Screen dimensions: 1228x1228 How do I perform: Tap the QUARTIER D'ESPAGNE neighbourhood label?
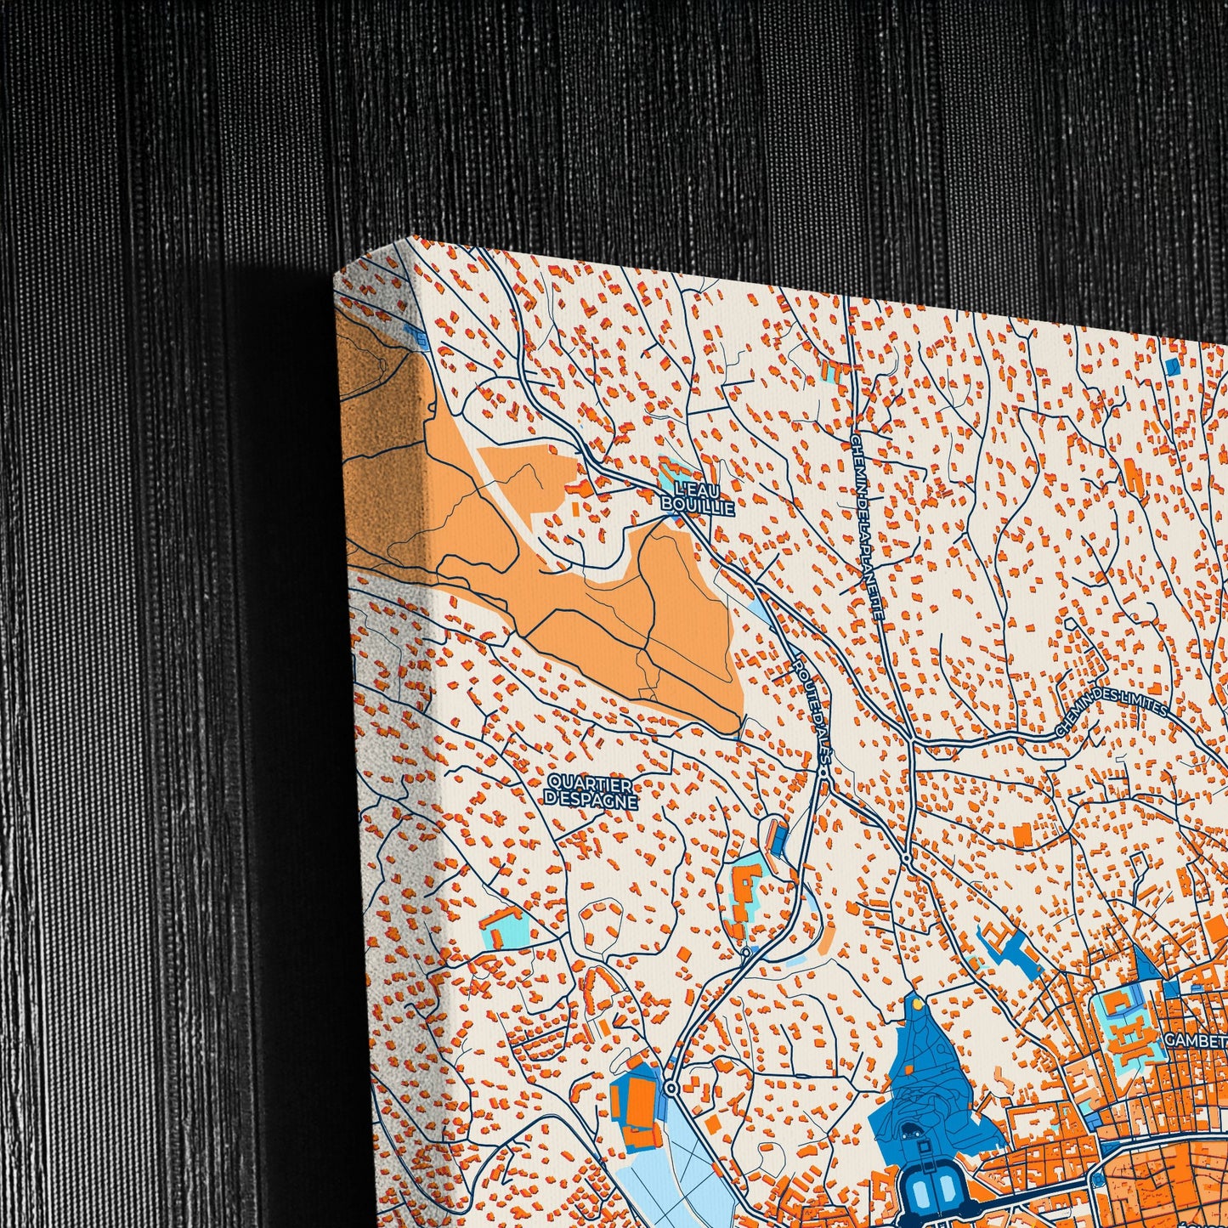tap(591, 790)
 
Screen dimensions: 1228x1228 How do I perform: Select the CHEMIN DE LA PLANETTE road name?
tap(866, 527)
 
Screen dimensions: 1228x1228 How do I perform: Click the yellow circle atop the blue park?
tap(917, 1004)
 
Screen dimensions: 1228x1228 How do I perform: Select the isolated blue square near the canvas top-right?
tap(1173, 366)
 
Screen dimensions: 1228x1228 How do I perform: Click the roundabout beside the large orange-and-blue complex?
tap(672, 1089)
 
